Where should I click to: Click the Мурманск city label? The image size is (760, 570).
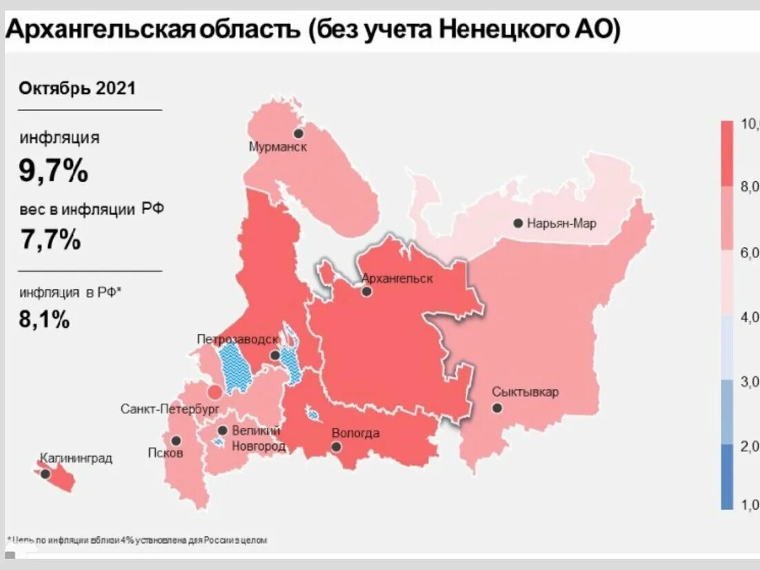pos(278,147)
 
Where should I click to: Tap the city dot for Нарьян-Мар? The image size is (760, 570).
pos(517,223)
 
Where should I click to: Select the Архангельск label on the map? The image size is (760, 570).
pos(397,278)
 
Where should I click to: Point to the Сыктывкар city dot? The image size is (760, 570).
pos(497,408)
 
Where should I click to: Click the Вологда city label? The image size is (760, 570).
pos(355,433)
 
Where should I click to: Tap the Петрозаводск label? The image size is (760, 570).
pos(237,340)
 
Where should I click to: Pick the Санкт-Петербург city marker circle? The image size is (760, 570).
pos(215,393)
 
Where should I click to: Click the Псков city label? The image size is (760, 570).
pos(166,453)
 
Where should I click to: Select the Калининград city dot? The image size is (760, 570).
pos(46,474)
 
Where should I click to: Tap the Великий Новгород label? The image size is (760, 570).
pos(258,438)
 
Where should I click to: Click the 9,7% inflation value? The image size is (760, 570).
pos(53,170)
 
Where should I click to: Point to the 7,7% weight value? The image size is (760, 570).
pos(50,239)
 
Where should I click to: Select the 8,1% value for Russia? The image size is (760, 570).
pos(44,319)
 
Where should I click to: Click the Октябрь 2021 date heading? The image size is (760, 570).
pos(77,88)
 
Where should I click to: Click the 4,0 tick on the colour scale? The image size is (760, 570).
pos(749,317)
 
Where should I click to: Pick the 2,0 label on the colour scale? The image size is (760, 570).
pos(749,445)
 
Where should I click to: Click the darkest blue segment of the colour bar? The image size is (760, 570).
pos(727,476)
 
